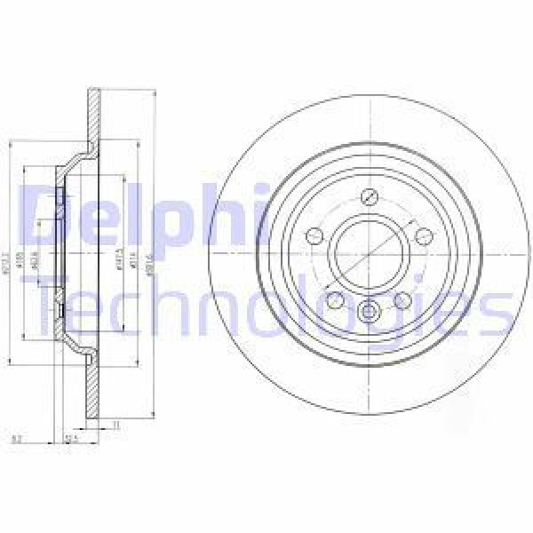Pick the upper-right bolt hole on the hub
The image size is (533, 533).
pyautogui.click(x=424, y=235)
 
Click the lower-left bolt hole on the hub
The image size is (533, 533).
pyautogui.click(x=335, y=299)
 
